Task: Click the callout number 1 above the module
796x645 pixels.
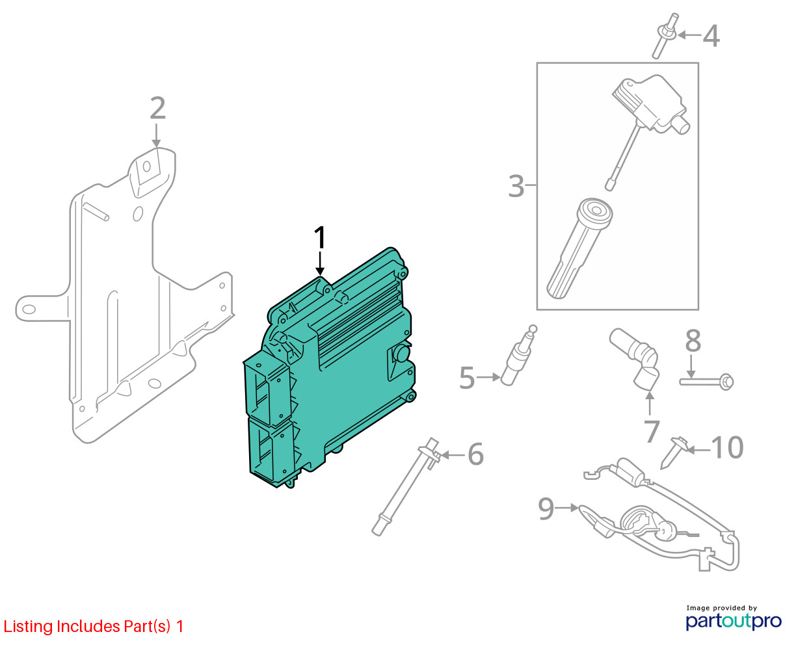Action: coord(320,238)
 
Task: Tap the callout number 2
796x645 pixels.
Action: coord(157,108)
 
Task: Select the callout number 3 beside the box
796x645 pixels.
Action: coord(516,186)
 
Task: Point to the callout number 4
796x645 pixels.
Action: coord(711,36)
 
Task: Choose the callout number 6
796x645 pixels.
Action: coord(476,454)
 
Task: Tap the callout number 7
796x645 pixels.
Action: coord(652,431)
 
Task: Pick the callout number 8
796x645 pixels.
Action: coord(693,341)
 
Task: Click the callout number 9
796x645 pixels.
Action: coord(546,508)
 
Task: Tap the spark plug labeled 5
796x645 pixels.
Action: coord(518,356)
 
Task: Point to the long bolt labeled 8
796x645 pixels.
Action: coord(706,382)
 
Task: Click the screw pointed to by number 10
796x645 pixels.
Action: coord(672,452)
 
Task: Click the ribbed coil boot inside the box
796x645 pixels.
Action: coord(579,248)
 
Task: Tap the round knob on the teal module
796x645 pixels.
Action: coord(402,353)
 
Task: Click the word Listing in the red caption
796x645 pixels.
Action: coord(29,627)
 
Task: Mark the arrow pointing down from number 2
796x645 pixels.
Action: coord(156,135)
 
